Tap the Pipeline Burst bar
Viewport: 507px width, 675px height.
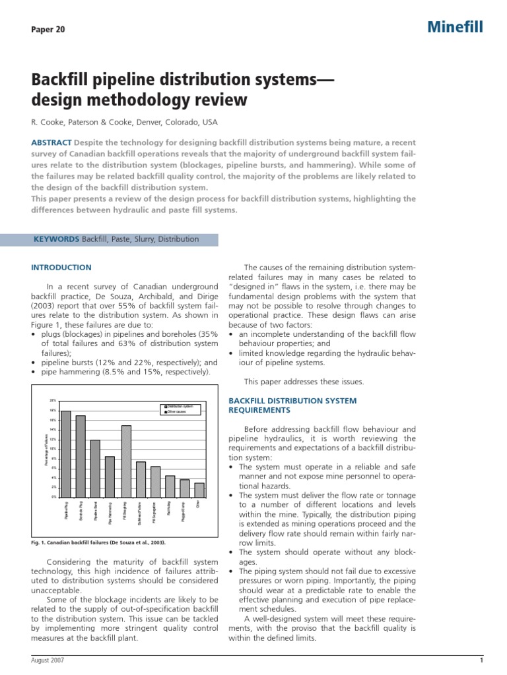point(96,468)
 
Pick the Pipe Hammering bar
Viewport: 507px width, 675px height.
point(110,476)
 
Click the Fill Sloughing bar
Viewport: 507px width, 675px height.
point(126,461)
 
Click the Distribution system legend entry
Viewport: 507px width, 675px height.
point(179,406)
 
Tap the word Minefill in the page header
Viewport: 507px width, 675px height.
point(456,27)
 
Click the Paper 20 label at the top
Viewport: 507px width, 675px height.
point(48,30)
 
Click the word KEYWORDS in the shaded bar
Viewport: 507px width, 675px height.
point(56,239)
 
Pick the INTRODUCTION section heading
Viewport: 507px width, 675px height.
point(61,268)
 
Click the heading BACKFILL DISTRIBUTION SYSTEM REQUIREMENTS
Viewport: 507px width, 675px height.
point(292,405)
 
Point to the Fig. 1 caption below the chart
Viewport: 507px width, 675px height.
point(98,543)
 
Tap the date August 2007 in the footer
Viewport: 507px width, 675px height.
point(48,660)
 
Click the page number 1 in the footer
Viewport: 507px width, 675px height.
point(481,660)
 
